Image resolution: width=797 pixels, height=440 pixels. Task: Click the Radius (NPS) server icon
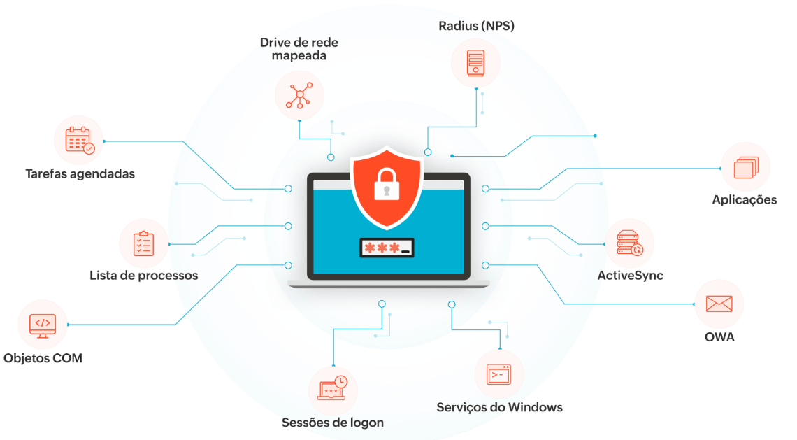(475, 62)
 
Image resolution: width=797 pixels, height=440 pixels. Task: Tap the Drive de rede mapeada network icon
(299, 94)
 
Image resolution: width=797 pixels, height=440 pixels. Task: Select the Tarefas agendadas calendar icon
(78, 140)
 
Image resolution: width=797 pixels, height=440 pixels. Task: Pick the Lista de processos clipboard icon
(143, 243)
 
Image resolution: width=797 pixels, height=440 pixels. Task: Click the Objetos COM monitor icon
(43, 325)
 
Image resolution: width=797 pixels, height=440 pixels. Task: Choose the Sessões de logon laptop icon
(332, 390)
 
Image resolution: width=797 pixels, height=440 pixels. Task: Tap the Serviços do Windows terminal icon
(499, 374)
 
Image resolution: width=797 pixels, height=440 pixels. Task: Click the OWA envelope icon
(719, 304)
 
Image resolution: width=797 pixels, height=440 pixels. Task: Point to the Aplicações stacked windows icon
(745, 168)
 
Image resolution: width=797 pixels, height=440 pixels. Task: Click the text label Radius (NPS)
(476, 27)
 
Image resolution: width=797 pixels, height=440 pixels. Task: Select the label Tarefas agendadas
(80, 173)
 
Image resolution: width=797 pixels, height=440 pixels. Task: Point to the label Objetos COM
(43, 358)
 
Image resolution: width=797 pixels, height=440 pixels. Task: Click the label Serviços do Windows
(499, 407)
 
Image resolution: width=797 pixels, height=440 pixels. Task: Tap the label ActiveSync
(630, 275)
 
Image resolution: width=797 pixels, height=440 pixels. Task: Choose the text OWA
(719, 337)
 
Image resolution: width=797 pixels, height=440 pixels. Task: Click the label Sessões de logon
(333, 423)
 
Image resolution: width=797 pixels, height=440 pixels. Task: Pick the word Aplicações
(745, 200)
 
